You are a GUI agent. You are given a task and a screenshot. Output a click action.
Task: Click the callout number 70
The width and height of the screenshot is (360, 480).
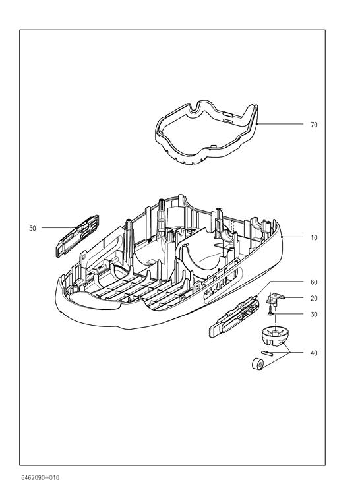coord(314,125)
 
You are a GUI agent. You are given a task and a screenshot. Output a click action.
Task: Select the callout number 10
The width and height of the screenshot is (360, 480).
coord(314,237)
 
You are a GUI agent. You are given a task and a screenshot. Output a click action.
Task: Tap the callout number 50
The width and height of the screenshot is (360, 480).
coord(32,228)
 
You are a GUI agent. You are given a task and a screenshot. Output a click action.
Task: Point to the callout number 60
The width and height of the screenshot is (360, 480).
coord(314,282)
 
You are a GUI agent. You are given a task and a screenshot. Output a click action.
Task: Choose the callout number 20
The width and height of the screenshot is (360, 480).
coord(314,298)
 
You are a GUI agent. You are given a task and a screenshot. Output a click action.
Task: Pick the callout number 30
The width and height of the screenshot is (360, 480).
coord(314,315)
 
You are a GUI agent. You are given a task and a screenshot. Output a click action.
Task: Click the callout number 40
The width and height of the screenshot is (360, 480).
coord(314,353)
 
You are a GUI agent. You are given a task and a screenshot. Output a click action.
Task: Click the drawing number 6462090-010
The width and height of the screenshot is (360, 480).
coord(40,477)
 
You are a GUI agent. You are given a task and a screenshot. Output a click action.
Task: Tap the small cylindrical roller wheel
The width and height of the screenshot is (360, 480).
coord(257,364)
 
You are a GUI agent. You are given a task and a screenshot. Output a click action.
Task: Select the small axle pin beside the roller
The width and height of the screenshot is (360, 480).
coord(267,353)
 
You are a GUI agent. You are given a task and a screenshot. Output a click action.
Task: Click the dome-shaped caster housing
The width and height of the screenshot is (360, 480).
coord(274,336)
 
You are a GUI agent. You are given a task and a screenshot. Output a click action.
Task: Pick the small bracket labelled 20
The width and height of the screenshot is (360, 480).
coord(274,299)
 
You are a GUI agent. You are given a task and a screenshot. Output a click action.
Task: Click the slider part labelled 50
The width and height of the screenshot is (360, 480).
coord(77,236)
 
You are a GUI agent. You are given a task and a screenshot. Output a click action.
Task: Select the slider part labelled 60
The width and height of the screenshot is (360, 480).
coord(233,316)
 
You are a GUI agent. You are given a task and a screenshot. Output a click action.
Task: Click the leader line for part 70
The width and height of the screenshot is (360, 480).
coord(280,124)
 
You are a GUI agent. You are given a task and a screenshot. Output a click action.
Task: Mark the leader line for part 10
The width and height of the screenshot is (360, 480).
coord(293,237)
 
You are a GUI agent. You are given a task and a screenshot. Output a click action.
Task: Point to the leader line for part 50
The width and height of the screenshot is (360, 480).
coord(59,227)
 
